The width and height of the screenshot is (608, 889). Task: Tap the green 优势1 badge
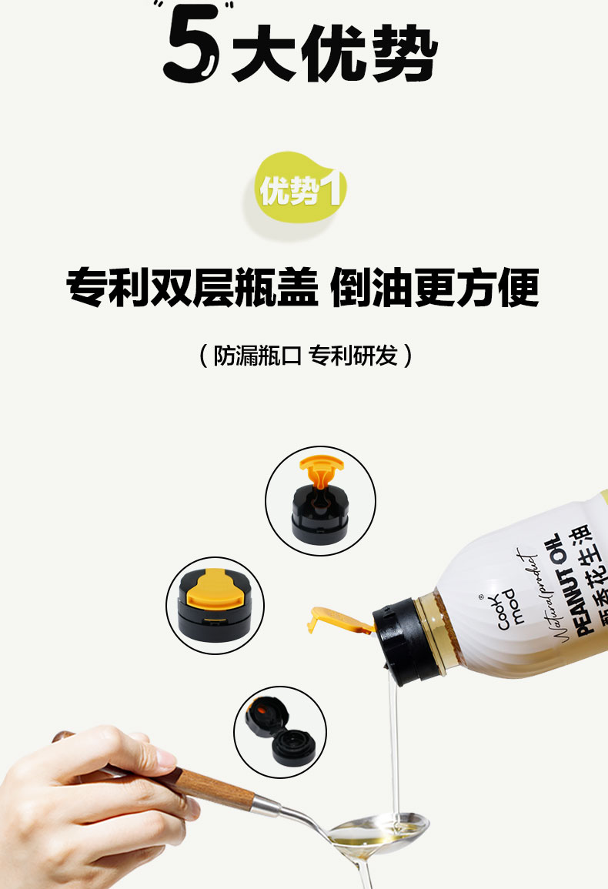pyautogui.click(x=300, y=189)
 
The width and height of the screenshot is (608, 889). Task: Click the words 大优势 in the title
pyautogui.click(x=335, y=53)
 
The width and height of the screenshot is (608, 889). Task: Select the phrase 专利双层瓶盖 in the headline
pyautogui.click(x=192, y=287)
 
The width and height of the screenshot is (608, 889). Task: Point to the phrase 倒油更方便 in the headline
pyautogui.click(x=434, y=287)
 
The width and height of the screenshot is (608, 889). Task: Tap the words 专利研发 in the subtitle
pyautogui.click(x=352, y=356)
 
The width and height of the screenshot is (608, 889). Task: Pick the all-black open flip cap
pyautogui.click(x=280, y=731)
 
